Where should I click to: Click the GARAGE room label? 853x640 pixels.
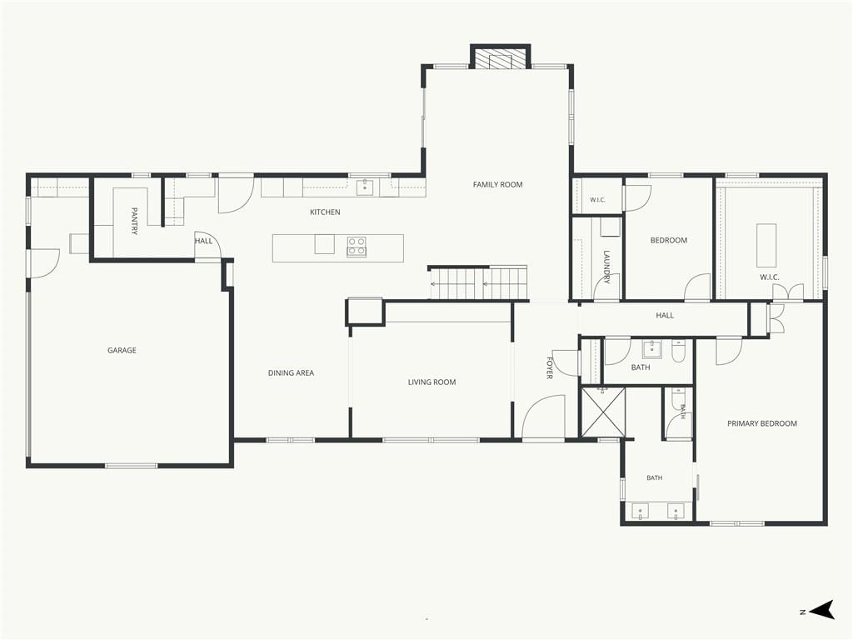tap(122, 351)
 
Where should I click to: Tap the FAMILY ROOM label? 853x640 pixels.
tap(498, 184)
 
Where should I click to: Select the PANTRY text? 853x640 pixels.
tap(134, 221)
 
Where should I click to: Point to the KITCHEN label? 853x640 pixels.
tap(326, 212)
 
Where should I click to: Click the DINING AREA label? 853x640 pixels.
tap(291, 372)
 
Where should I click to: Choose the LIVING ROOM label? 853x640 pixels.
tap(432, 382)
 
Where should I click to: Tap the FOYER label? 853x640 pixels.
tap(550, 367)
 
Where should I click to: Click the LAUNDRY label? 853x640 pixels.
tap(607, 267)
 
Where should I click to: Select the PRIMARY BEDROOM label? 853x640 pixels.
tap(762, 423)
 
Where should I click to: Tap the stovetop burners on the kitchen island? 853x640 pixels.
tap(357, 246)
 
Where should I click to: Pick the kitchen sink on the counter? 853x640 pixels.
tap(365, 187)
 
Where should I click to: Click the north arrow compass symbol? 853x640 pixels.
tap(822, 610)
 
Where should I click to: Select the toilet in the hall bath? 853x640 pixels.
tap(678, 352)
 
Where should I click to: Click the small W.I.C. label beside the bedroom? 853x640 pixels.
tap(598, 200)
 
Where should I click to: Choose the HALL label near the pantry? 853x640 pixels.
tap(204, 241)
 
